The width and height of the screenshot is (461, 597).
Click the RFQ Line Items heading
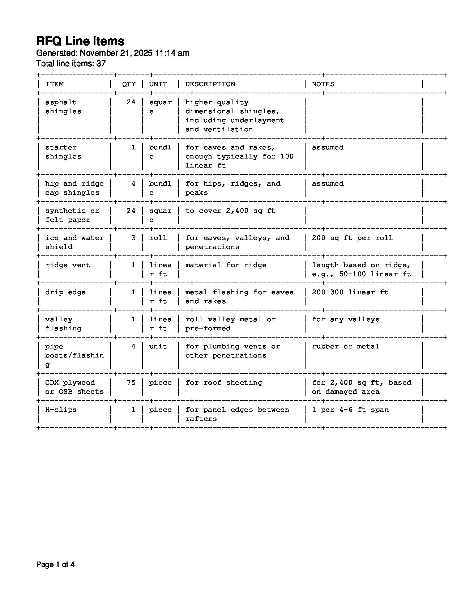(80, 41)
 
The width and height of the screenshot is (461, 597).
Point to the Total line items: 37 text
(71, 64)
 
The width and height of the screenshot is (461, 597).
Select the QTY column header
(129, 84)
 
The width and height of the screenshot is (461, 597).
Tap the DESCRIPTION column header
(210, 84)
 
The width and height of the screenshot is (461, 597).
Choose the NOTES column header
(323, 84)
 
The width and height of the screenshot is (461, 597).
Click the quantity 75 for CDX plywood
(131, 383)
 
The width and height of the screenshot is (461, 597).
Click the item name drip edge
(65, 292)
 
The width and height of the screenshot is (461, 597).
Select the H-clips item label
(61, 410)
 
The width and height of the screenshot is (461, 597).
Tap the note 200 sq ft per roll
(352, 238)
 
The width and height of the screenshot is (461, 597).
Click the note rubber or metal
(345, 347)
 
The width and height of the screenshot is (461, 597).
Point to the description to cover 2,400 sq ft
(230, 211)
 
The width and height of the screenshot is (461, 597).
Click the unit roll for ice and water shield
(158, 238)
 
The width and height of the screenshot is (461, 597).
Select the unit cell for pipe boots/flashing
(158, 347)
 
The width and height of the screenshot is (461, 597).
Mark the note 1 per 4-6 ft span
(350, 410)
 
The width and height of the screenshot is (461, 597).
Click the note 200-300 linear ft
(350, 292)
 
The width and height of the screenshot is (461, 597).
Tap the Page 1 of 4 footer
(55, 565)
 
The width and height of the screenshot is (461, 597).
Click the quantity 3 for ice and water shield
(133, 238)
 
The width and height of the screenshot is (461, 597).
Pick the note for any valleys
(345, 319)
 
